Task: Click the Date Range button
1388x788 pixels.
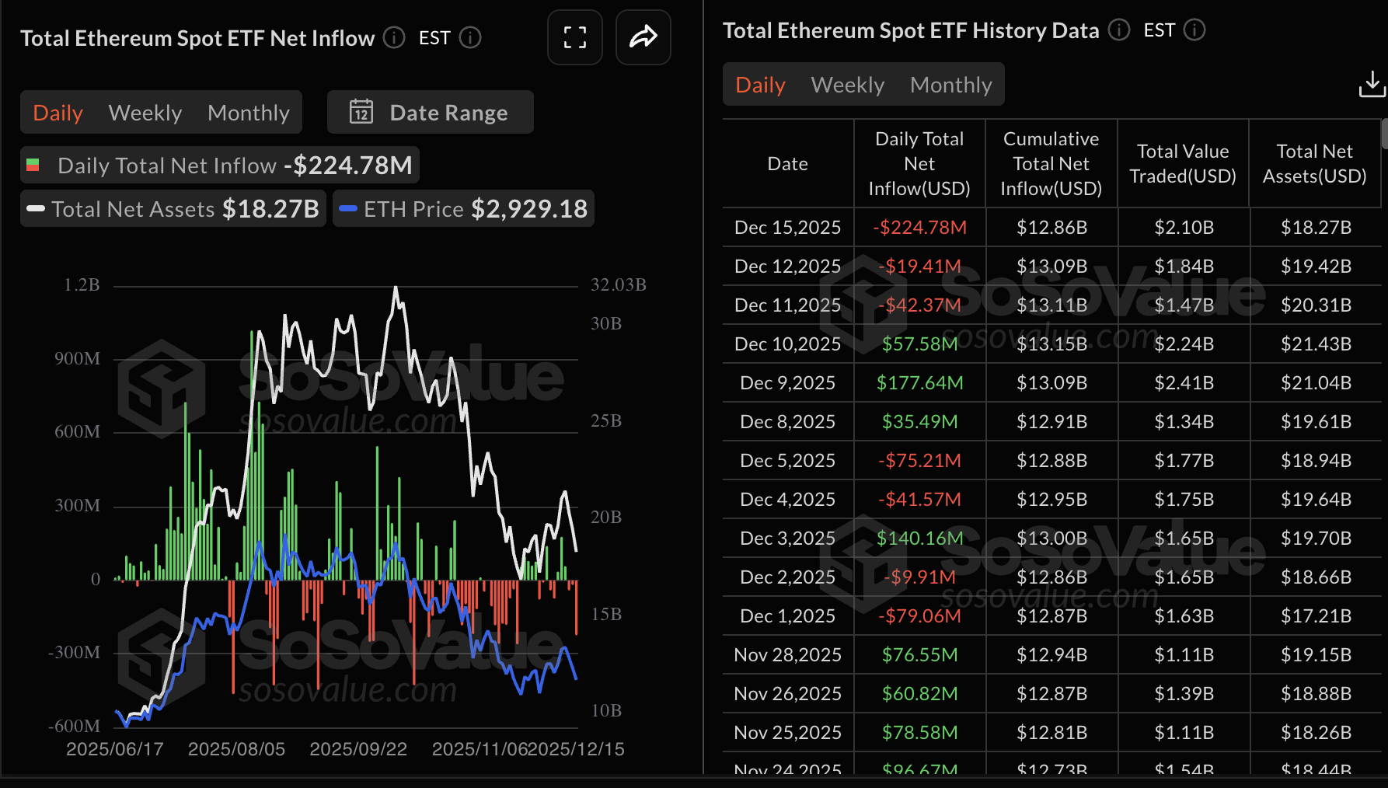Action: pyautogui.click(x=430, y=113)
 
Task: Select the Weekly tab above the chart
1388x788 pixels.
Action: pyautogui.click(x=145, y=113)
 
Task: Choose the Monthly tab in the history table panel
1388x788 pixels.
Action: pyautogui.click(x=950, y=85)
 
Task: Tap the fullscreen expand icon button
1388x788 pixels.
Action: pyautogui.click(x=574, y=37)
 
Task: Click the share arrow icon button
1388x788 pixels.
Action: pyautogui.click(x=643, y=37)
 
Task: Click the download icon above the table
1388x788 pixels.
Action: pyautogui.click(x=1372, y=84)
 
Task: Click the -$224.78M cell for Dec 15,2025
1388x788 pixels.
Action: pyautogui.click(x=919, y=228)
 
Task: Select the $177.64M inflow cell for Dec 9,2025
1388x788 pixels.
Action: pyautogui.click(x=919, y=383)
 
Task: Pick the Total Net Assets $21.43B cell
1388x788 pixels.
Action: pyautogui.click(x=1315, y=344)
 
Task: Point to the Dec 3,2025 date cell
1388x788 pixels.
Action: pyautogui.click(x=787, y=539)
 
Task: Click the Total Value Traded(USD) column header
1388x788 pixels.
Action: pyautogui.click(x=1182, y=164)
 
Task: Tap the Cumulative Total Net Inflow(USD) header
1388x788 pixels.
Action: pyautogui.click(x=1051, y=164)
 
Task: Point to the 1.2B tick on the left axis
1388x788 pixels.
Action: pyautogui.click(x=82, y=285)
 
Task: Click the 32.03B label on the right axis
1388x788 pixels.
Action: pyautogui.click(x=618, y=285)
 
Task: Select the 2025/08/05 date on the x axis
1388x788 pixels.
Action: pyautogui.click(x=236, y=749)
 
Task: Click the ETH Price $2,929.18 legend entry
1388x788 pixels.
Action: pyautogui.click(x=464, y=209)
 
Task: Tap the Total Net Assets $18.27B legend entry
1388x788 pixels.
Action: pyautogui.click(x=173, y=209)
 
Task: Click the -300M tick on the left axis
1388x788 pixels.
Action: pyautogui.click(x=75, y=653)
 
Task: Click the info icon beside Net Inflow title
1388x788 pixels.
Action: pyautogui.click(x=394, y=37)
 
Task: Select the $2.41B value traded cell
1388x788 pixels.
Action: pyautogui.click(x=1183, y=383)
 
